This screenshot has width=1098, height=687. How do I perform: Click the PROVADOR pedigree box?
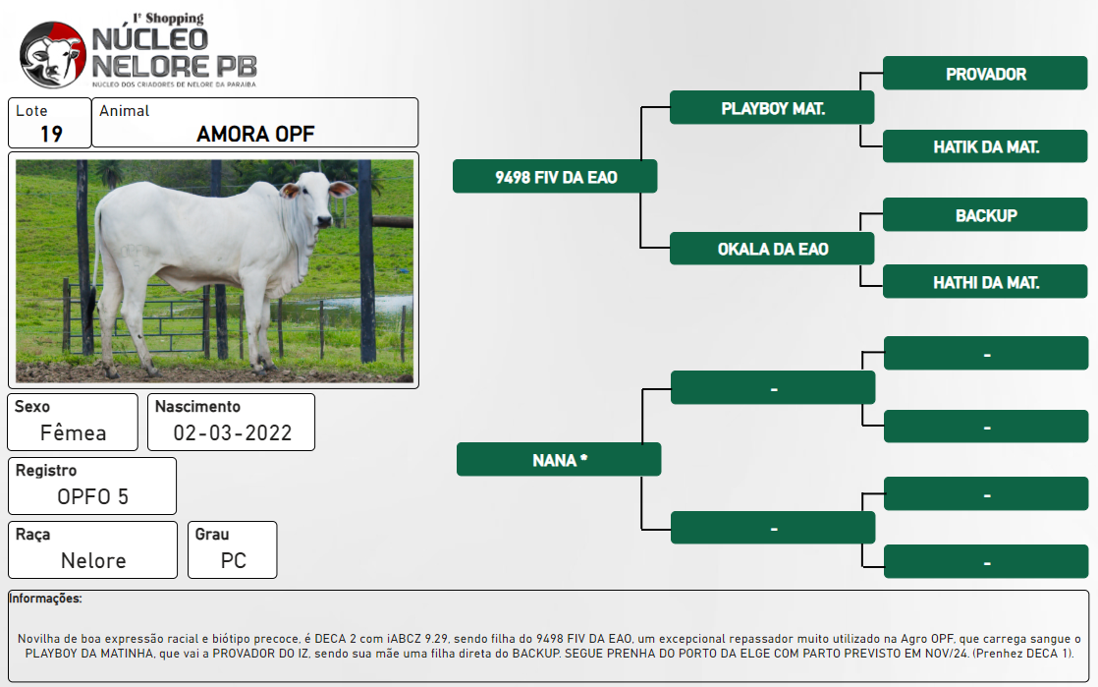984,74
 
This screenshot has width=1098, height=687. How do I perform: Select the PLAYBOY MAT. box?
772,108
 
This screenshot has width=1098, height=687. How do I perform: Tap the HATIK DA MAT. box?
984,146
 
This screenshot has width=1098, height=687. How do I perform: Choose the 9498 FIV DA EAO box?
555,177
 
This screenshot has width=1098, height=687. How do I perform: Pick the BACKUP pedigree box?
984,215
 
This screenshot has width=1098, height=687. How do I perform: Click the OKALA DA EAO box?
772,249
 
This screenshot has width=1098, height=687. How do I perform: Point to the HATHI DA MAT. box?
984,282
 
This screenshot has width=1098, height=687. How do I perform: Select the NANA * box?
559,460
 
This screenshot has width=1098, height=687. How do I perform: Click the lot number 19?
51,134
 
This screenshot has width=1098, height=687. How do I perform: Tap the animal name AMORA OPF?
255,134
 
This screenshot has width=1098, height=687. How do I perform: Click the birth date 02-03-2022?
233,433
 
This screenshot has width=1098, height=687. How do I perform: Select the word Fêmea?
73,432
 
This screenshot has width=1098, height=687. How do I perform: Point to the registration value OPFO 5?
93,497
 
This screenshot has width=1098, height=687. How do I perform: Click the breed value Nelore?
93,561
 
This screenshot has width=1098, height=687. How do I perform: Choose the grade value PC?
233,561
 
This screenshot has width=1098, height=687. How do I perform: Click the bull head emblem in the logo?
53,55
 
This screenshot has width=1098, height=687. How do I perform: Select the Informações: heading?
45,599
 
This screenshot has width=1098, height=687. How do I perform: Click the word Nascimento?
197,407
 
